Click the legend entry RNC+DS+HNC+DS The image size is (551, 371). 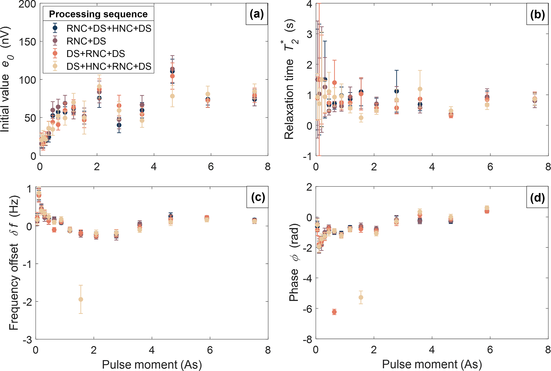tap(109, 28)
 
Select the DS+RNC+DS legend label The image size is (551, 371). tap(96, 54)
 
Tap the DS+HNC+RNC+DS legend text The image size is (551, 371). tap(109, 67)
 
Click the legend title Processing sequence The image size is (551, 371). tap(98, 14)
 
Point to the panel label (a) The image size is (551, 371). tap(256, 14)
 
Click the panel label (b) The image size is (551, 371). tap(537, 15)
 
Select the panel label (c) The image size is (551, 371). tap(258, 197)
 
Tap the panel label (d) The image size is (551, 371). tap(537, 198)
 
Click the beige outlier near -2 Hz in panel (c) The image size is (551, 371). tap(81, 299)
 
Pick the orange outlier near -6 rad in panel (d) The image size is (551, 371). tap(334, 312)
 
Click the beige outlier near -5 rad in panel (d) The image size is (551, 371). tap(361, 297)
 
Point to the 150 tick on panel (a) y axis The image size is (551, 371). tap(27, 42)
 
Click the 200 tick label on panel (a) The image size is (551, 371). tap(27, 4)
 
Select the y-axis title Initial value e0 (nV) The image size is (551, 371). tap(6, 79)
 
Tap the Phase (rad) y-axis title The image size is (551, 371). tap(294, 262)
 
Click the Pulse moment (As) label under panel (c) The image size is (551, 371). tap(152, 364)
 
